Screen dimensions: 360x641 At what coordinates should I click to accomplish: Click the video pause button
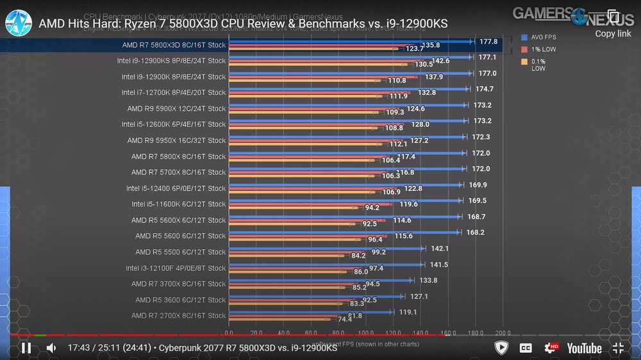coord(26,348)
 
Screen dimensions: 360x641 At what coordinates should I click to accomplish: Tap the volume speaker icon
coord(51,348)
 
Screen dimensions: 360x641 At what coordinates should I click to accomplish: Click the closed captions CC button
coord(526,348)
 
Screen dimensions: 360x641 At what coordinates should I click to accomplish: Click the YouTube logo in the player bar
coord(583,348)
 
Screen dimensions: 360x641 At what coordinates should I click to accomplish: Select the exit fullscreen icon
coord(618,348)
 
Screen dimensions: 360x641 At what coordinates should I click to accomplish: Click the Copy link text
coord(613,33)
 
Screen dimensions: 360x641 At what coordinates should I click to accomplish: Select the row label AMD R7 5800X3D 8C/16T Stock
coord(174,45)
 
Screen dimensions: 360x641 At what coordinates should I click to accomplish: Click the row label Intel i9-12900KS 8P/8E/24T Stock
coord(171,61)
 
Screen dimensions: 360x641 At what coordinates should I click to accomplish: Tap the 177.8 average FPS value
coord(488,42)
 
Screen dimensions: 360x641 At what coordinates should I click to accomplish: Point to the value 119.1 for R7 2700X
coord(408,313)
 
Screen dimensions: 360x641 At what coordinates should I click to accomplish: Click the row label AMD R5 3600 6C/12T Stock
coord(180,300)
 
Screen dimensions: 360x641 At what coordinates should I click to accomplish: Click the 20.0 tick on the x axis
coord(256,334)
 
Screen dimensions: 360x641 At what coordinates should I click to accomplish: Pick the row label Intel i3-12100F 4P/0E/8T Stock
coord(176,268)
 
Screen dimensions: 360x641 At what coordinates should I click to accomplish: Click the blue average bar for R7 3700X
coord(320,280)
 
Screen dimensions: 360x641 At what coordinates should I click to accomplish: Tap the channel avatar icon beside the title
coord(19,23)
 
